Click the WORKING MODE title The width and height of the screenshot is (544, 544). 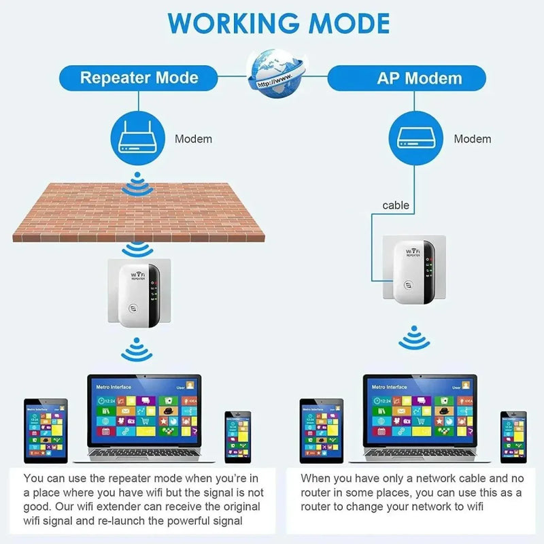[279, 22]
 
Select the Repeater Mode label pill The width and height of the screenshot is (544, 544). [139, 78]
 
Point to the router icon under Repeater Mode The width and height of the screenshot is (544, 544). [139, 139]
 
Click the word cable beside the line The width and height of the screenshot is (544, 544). [396, 205]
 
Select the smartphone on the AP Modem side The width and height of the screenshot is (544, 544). [513, 437]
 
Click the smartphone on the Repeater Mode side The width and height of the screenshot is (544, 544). [238, 437]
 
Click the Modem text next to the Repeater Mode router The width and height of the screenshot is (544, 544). [193, 139]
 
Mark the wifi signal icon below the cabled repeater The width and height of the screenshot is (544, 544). [413, 338]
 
